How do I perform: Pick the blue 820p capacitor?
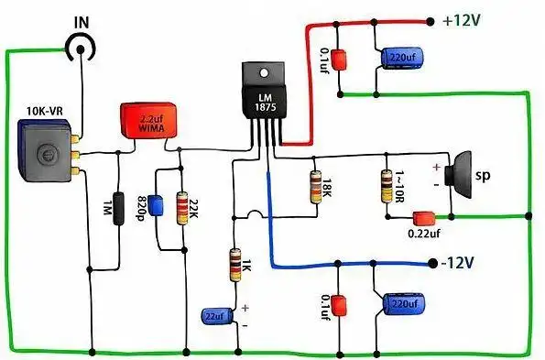[x=156, y=204]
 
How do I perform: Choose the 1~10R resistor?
[x=386, y=186]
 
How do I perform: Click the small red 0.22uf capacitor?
[x=423, y=218]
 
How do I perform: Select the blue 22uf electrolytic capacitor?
[x=216, y=315]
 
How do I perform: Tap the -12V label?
[x=459, y=263]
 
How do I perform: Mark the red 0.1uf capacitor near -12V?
[x=338, y=304]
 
